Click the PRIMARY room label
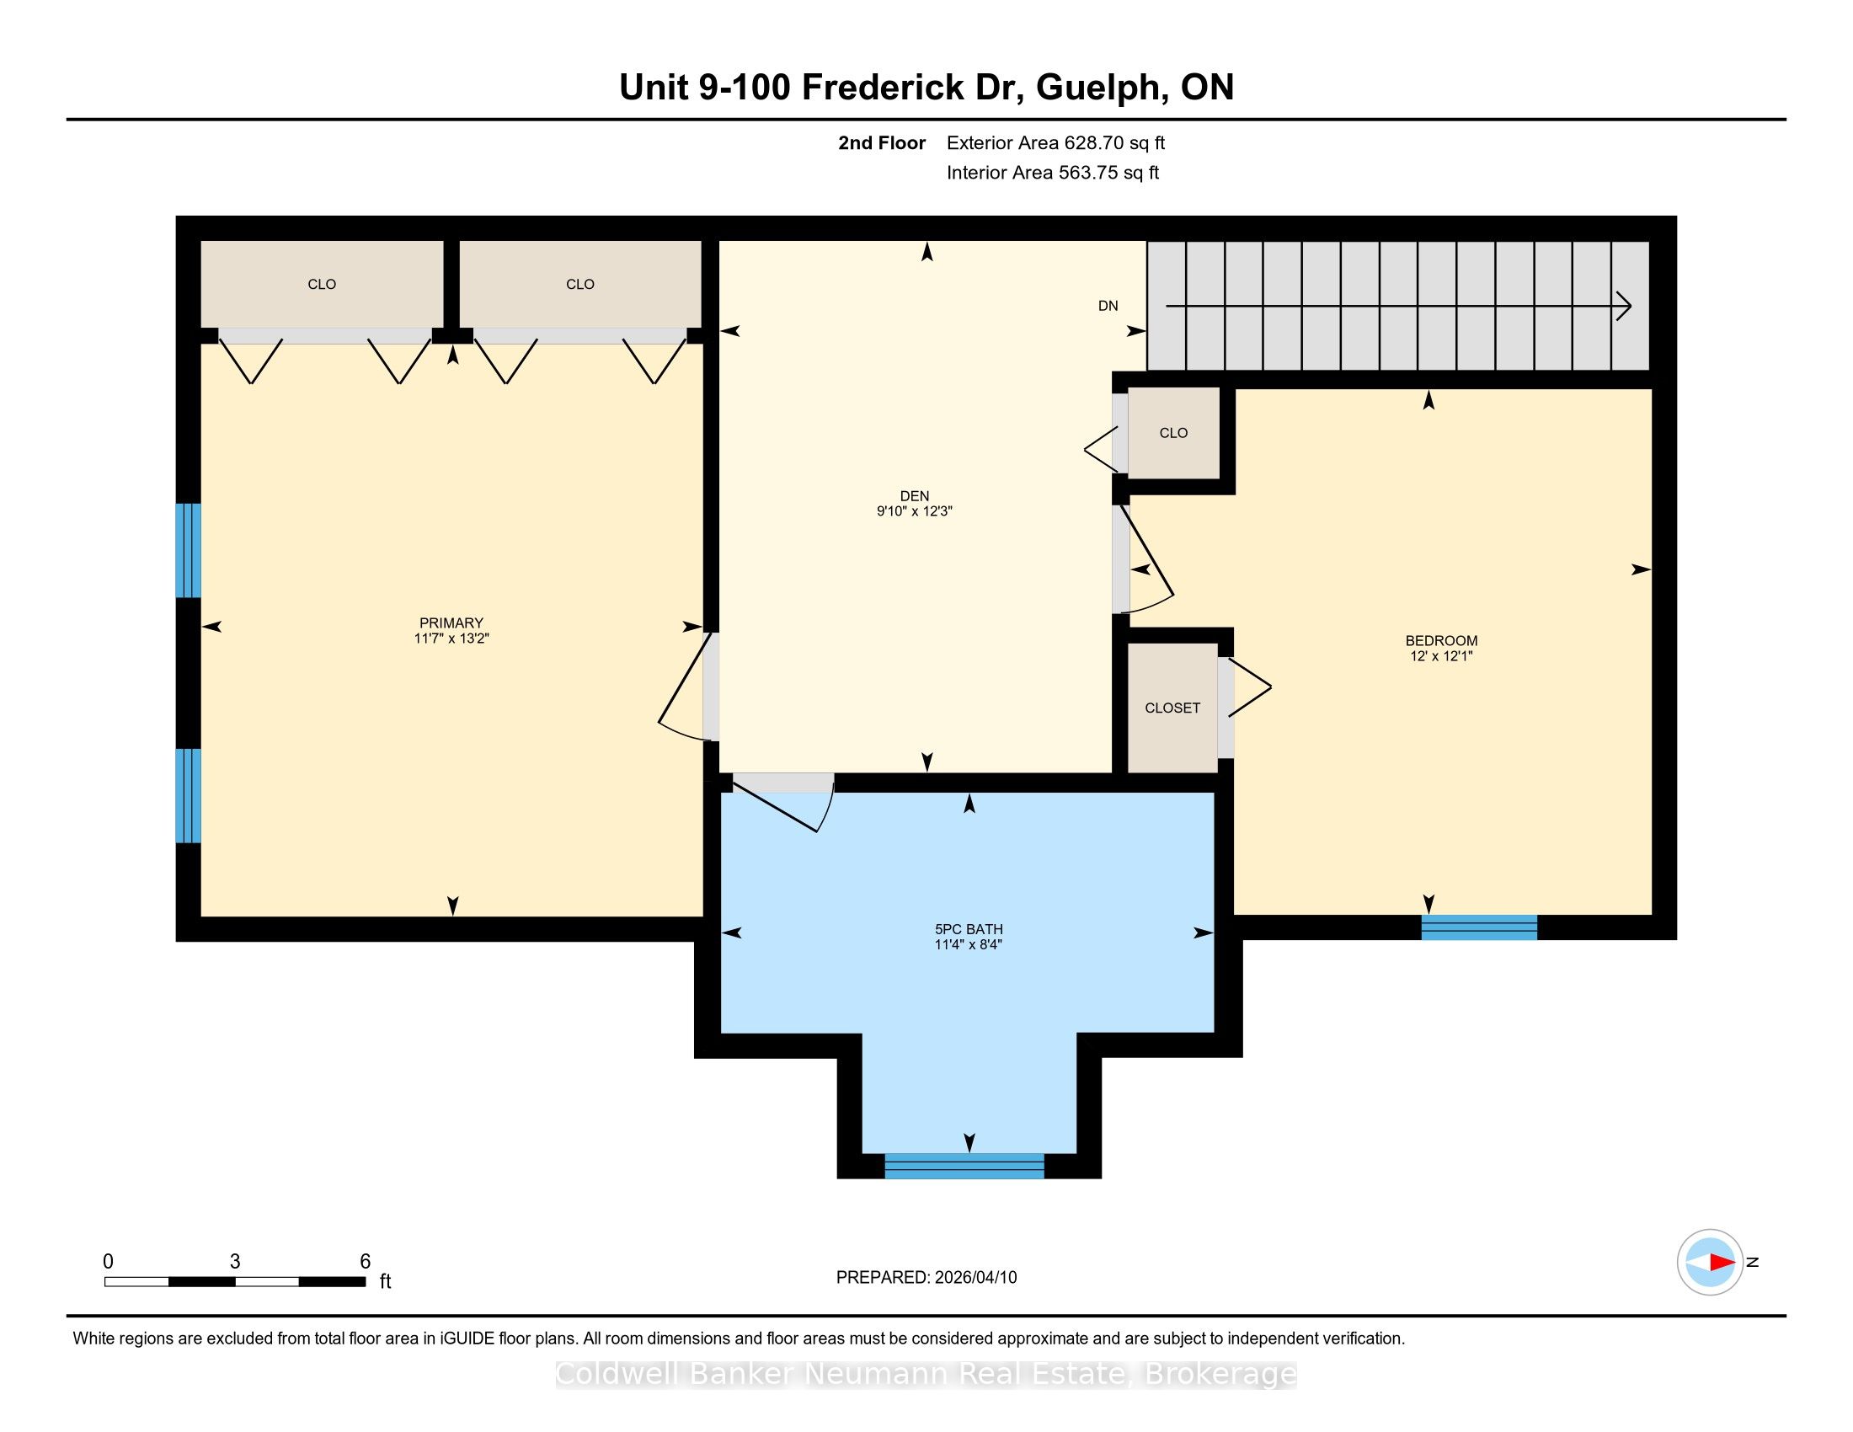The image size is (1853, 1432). [x=451, y=622]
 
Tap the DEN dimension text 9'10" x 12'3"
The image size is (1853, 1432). [x=915, y=511]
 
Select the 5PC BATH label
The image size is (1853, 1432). [x=969, y=929]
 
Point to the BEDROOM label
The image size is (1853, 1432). [x=1441, y=640]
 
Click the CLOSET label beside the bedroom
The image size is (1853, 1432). [x=1172, y=708]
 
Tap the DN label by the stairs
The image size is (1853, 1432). [x=1108, y=306]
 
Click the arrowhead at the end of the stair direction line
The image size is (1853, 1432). [x=1624, y=306]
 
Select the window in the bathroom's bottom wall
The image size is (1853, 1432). [x=964, y=1166]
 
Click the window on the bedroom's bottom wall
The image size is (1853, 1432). [x=1480, y=927]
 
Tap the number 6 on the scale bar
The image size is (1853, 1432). [x=366, y=1262]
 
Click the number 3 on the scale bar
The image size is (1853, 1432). [x=235, y=1262]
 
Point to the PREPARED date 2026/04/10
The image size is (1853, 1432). [x=975, y=1278]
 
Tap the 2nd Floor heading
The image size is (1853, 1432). [x=882, y=143]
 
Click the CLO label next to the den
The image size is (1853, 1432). [x=1173, y=433]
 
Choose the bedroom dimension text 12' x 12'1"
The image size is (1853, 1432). [x=1440, y=655]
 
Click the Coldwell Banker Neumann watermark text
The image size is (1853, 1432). [x=926, y=1374]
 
